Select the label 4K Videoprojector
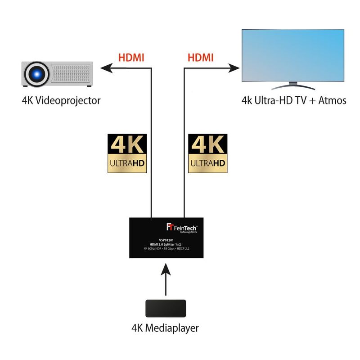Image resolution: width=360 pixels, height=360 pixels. coord(61,100)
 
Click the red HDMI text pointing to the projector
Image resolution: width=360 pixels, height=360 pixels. coord(132,58)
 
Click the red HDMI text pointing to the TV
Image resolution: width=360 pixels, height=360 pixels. coord(200,58)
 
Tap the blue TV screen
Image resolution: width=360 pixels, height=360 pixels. coord(292,55)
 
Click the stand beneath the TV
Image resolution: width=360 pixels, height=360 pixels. coord(292,85)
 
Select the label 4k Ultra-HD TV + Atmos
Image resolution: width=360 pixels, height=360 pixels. coord(293,100)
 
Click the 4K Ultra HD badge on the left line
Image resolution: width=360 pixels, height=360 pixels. coord(128,153)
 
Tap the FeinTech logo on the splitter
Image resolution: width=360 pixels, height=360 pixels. coord(182,227)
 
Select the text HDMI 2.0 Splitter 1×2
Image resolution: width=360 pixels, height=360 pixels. coord(166,243)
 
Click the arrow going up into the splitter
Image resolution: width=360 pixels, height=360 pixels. coord(166,279)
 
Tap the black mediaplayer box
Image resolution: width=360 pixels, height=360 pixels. coord(166,309)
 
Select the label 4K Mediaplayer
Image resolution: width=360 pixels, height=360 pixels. coord(166,328)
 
